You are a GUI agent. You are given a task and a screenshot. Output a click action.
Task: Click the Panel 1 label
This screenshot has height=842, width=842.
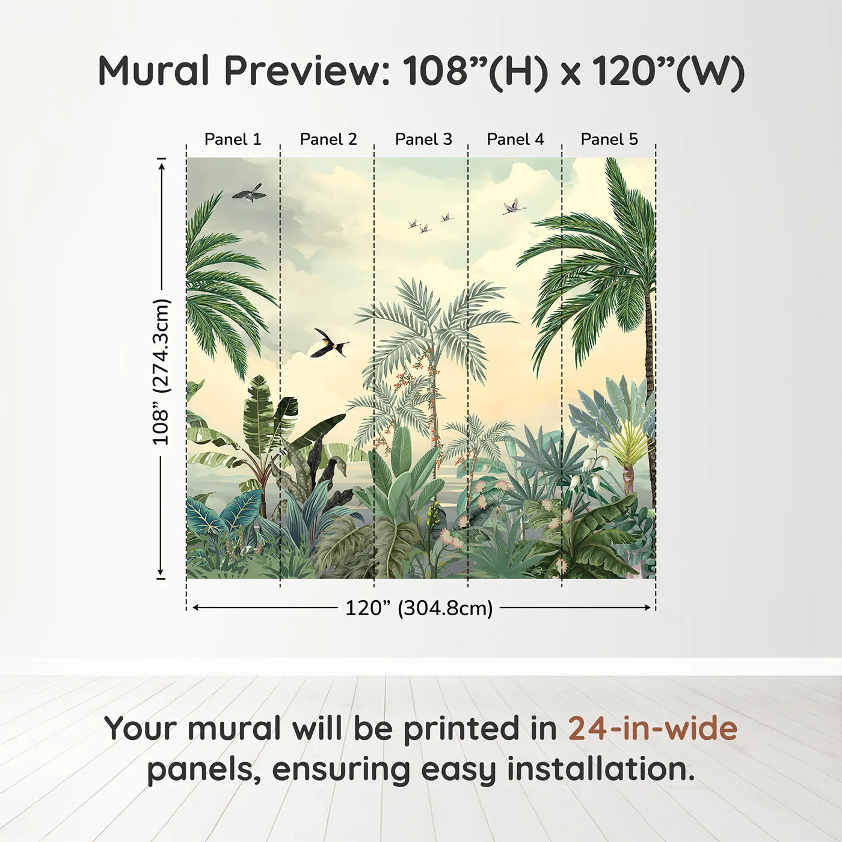click(233, 140)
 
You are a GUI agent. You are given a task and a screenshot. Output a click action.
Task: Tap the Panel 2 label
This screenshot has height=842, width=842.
click(328, 140)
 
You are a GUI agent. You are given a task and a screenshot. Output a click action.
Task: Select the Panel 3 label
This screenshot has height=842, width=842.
click(423, 140)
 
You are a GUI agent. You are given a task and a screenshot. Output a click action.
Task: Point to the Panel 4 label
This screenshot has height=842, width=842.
click(515, 140)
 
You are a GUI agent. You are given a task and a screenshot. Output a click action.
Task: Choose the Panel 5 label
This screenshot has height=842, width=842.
click(609, 140)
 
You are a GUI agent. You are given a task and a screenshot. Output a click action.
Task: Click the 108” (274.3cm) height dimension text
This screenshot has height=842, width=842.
click(161, 372)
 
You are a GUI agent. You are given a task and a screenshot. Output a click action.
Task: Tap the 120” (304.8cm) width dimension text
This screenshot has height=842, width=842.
click(419, 608)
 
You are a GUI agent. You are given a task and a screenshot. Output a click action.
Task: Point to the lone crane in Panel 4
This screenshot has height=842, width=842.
click(514, 207)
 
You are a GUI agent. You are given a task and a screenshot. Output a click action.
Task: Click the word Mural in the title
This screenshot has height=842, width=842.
click(154, 71)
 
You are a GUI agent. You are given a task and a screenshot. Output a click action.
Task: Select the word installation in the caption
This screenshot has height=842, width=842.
click(601, 769)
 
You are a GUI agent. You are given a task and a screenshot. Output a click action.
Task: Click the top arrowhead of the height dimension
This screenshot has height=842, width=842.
click(161, 166)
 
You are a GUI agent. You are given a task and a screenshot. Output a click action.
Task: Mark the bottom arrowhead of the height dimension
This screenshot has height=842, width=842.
click(161, 571)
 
